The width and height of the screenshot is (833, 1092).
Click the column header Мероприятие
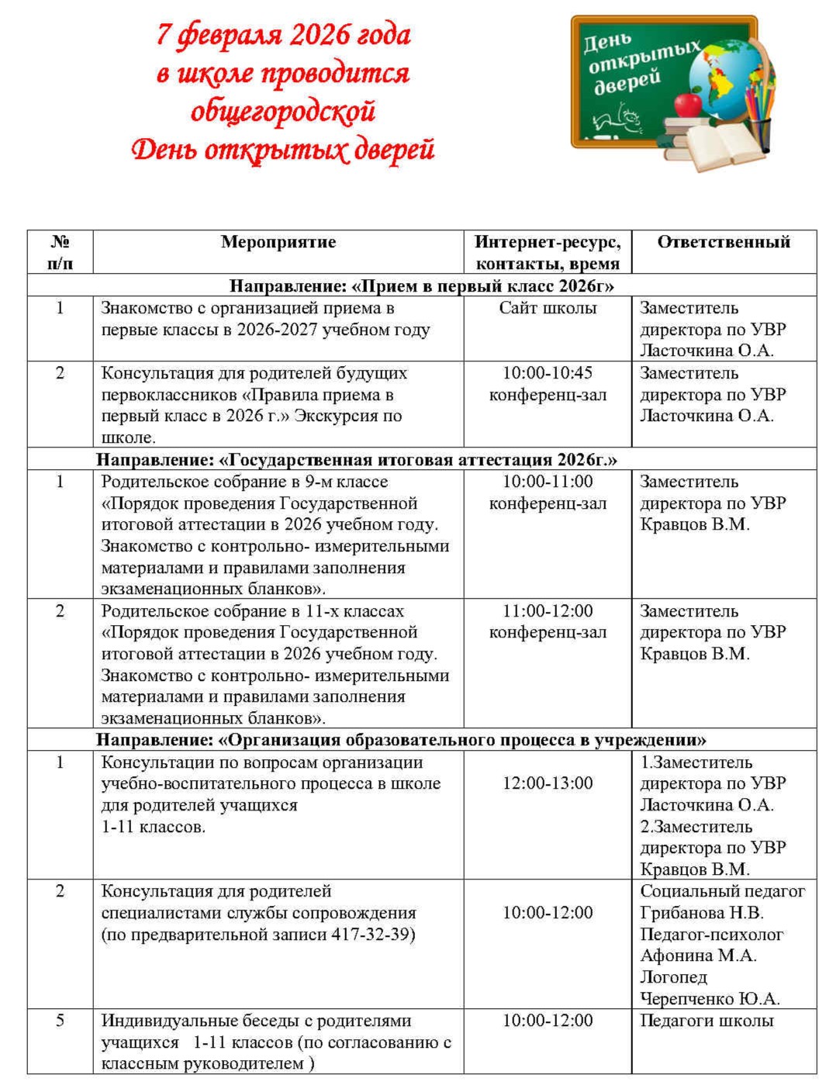(x=278, y=242)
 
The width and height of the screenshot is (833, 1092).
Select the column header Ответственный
(x=723, y=242)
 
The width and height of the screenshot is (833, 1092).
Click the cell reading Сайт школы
(x=548, y=308)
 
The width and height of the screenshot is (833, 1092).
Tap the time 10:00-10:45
(x=548, y=373)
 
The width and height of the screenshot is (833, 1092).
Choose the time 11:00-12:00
(x=548, y=611)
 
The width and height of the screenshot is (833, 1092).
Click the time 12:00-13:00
(x=548, y=783)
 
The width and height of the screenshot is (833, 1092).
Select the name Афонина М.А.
(x=698, y=955)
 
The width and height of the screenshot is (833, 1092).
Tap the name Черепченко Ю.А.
(x=709, y=999)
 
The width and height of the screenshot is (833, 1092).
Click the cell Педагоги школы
(x=707, y=1021)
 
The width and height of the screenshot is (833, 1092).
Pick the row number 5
(x=60, y=1021)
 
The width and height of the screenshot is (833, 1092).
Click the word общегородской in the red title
(x=283, y=110)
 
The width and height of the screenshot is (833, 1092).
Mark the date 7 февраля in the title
(x=209, y=35)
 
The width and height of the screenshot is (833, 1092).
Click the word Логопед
(x=673, y=977)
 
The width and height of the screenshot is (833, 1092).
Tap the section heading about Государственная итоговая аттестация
(x=357, y=460)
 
